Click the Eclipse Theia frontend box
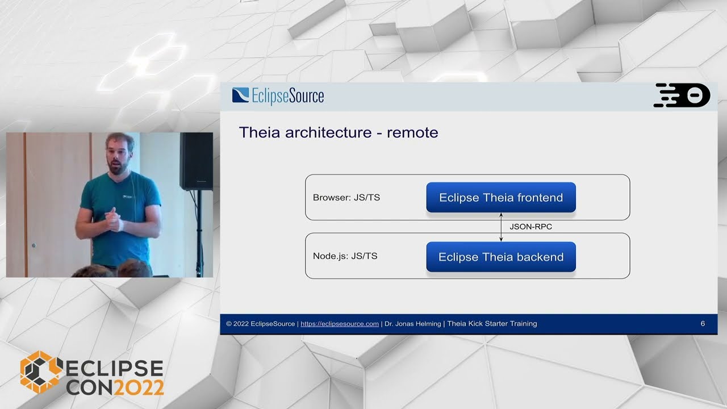[x=501, y=198]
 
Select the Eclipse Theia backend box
[x=501, y=257]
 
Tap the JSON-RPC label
[x=530, y=227]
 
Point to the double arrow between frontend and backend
[x=501, y=227]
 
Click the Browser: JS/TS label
[x=346, y=198]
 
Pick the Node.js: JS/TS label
[x=345, y=256]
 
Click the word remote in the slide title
[x=412, y=133]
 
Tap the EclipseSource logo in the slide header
[x=278, y=95]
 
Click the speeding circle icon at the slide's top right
[x=682, y=95]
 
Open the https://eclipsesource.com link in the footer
[x=339, y=324]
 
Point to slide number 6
[x=703, y=324]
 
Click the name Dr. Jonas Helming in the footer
[x=413, y=324]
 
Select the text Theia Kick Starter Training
[x=492, y=324]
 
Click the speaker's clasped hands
[x=114, y=219]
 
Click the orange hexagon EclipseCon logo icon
[x=40, y=372]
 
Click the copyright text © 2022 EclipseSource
[x=261, y=324]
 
